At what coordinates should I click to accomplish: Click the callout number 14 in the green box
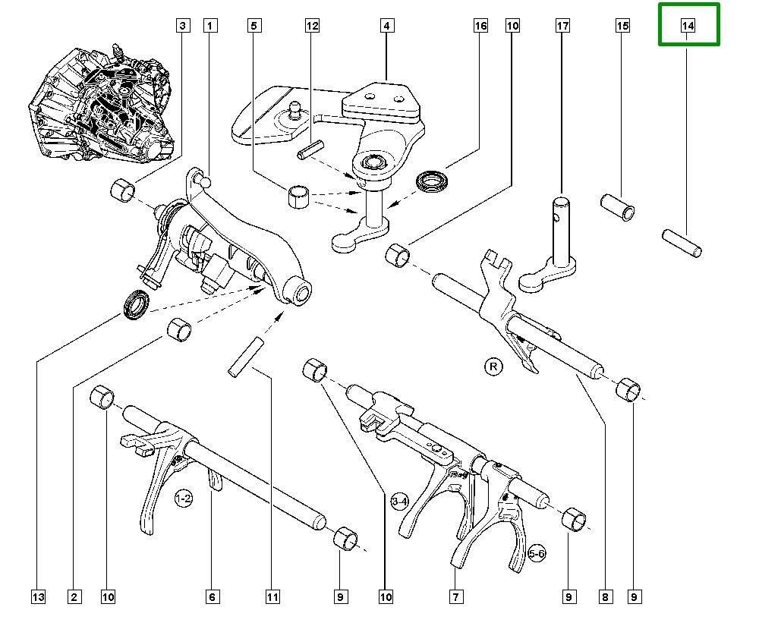tap(688, 26)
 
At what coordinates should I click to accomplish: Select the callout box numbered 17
tap(562, 26)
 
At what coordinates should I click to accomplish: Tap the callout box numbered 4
tap(386, 26)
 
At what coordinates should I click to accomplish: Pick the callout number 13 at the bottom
tap(38, 597)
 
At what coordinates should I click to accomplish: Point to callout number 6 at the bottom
tap(213, 597)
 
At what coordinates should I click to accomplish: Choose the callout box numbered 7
tap(456, 597)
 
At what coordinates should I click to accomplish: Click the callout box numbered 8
tap(605, 597)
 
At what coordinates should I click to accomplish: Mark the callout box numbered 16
tap(480, 26)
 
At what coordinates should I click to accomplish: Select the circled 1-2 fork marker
tap(183, 499)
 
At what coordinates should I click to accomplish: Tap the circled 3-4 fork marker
tap(401, 502)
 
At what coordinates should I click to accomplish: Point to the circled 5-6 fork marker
tap(537, 554)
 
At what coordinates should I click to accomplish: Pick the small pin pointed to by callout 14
tap(682, 242)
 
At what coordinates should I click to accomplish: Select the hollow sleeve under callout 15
tap(618, 207)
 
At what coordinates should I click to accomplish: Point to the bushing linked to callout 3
tap(122, 190)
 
